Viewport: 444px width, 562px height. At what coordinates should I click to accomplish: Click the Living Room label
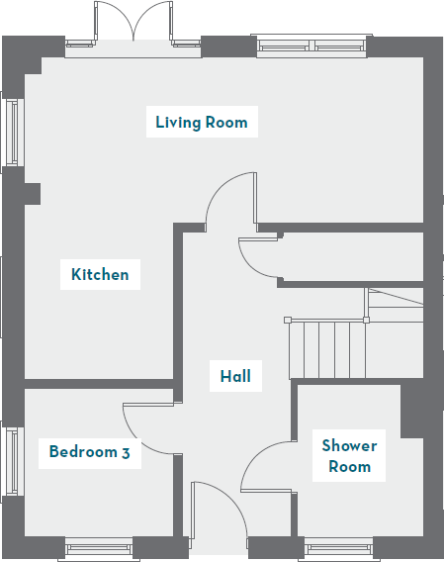(201, 123)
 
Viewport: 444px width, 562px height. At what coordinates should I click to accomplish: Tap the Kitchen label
(100, 274)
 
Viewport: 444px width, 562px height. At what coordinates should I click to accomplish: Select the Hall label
(235, 376)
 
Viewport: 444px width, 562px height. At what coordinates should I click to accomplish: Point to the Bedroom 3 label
(90, 453)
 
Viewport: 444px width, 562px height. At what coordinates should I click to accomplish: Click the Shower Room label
(349, 456)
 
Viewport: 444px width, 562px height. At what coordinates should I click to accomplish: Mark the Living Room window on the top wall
(311, 45)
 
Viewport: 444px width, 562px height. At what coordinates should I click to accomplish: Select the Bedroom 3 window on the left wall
(13, 463)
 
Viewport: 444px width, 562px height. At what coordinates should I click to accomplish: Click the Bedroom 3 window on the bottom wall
(98, 546)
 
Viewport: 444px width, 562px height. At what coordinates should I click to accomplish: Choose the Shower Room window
(338, 546)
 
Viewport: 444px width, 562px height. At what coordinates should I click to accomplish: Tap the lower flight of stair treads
(326, 348)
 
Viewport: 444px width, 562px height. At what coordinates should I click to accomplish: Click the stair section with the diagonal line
(396, 302)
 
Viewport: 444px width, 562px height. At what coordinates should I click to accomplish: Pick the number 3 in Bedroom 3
(126, 453)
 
